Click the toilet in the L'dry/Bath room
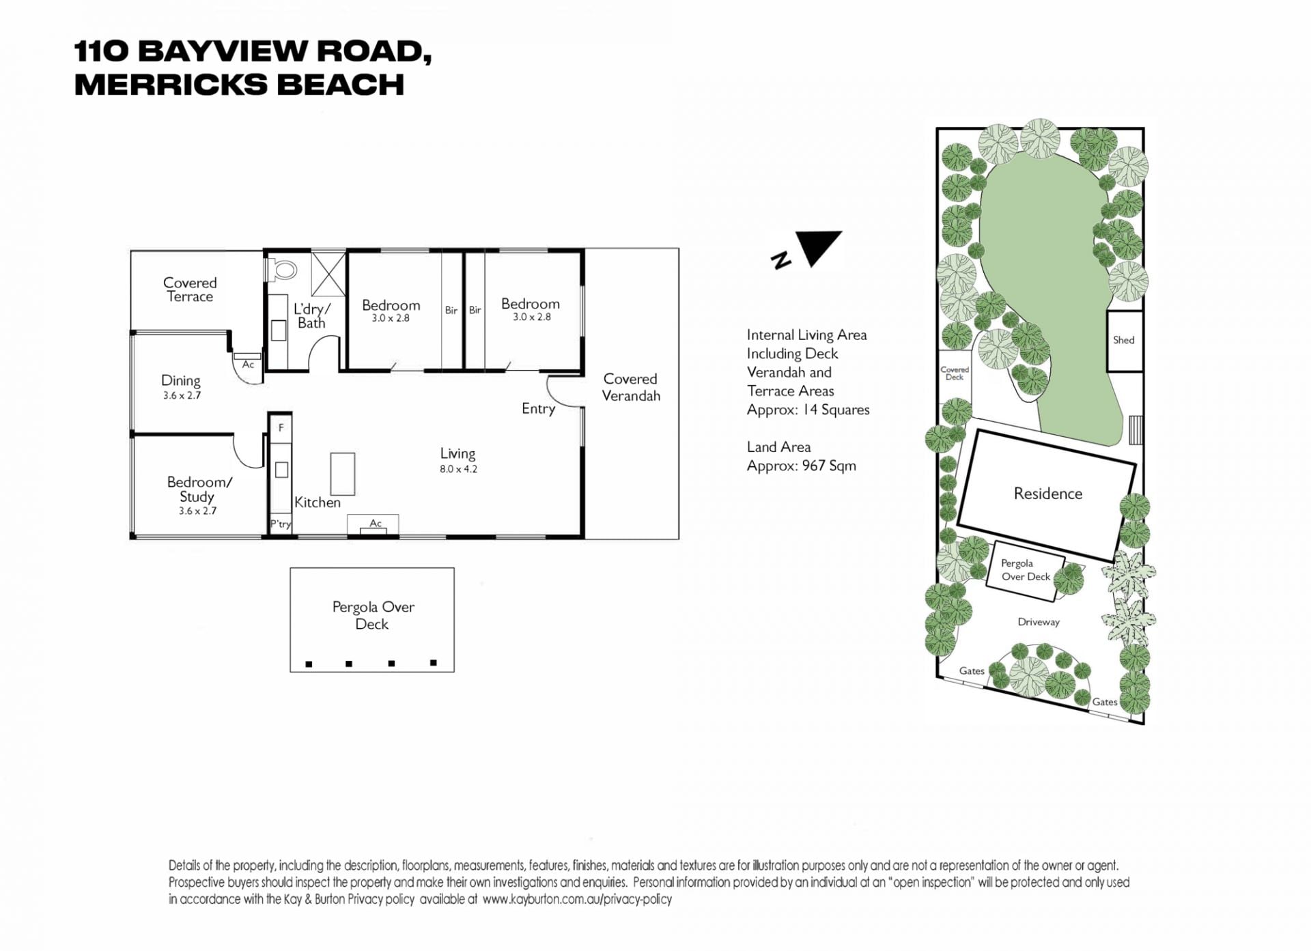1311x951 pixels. [282, 270]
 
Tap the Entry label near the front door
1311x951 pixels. [538, 409]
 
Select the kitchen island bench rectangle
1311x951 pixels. [343, 474]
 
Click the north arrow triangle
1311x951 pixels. [820, 246]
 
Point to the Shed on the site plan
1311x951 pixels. [1124, 341]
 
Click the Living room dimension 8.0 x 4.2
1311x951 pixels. [458, 469]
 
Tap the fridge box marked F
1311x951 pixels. [281, 428]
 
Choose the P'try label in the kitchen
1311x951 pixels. [281, 524]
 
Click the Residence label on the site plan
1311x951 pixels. [1048, 494]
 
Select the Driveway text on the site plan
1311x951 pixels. [1039, 622]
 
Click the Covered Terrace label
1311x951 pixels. [190, 289]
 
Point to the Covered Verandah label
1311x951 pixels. [631, 387]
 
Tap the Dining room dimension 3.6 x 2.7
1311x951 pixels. [182, 395]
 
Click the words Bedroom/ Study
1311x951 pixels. [199, 489]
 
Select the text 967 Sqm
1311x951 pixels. [829, 466]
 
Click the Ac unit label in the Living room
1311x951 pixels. [376, 524]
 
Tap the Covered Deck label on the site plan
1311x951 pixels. [955, 373]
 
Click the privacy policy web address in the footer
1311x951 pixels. [577, 900]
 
